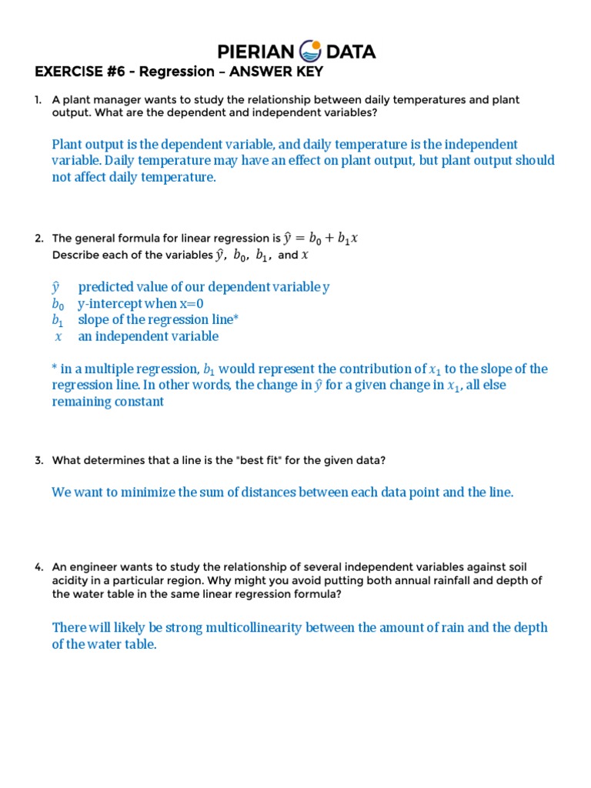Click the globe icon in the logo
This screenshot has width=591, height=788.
[309, 52]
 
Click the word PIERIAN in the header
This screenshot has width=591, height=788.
[255, 52]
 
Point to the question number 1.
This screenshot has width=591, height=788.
[38, 100]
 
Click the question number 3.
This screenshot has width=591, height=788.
[38, 460]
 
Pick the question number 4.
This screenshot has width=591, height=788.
[38, 567]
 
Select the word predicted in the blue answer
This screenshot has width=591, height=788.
[105, 287]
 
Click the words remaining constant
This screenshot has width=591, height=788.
[108, 402]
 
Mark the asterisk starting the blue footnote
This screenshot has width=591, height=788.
[55, 369]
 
